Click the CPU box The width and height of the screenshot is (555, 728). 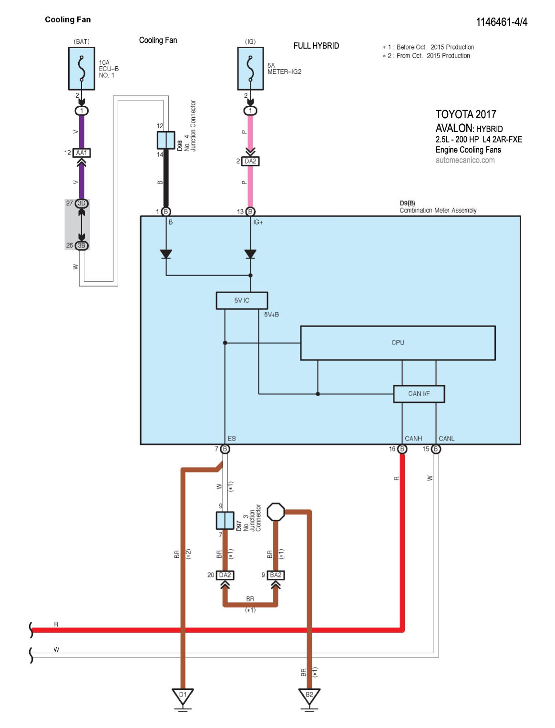click(x=398, y=343)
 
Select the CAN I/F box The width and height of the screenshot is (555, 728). click(x=419, y=394)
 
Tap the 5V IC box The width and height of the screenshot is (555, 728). click(x=242, y=300)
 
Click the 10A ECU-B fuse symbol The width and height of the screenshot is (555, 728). click(x=82, y=68)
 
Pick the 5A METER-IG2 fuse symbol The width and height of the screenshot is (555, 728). click(x=250, y=68)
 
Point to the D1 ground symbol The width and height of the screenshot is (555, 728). click(x=183, y=696)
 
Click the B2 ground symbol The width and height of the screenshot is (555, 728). click(x=309, y=696)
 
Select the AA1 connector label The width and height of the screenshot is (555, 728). click(x=82, y=153)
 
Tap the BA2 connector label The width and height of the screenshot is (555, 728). click(x=276, y=575)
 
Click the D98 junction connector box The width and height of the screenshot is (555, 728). click(x=165, y=141)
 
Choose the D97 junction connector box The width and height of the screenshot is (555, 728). click(x=225, y=521)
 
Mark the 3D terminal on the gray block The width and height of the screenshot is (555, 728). click(x=82, y=204)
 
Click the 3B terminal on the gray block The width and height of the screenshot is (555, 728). click(x=82, y=246)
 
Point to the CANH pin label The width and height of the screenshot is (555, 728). click(x=413, y=439)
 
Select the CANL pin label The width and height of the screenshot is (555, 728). click(x=446, y=439)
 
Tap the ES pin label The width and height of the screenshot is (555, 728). click(x=232, y=439)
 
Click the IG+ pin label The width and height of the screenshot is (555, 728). click(x=258, y=223)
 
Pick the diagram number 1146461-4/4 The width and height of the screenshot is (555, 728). click(x=502, y=22)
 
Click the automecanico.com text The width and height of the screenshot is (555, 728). click(x=465, y=160)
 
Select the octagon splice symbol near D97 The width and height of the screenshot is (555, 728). click(x=276, y=512)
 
